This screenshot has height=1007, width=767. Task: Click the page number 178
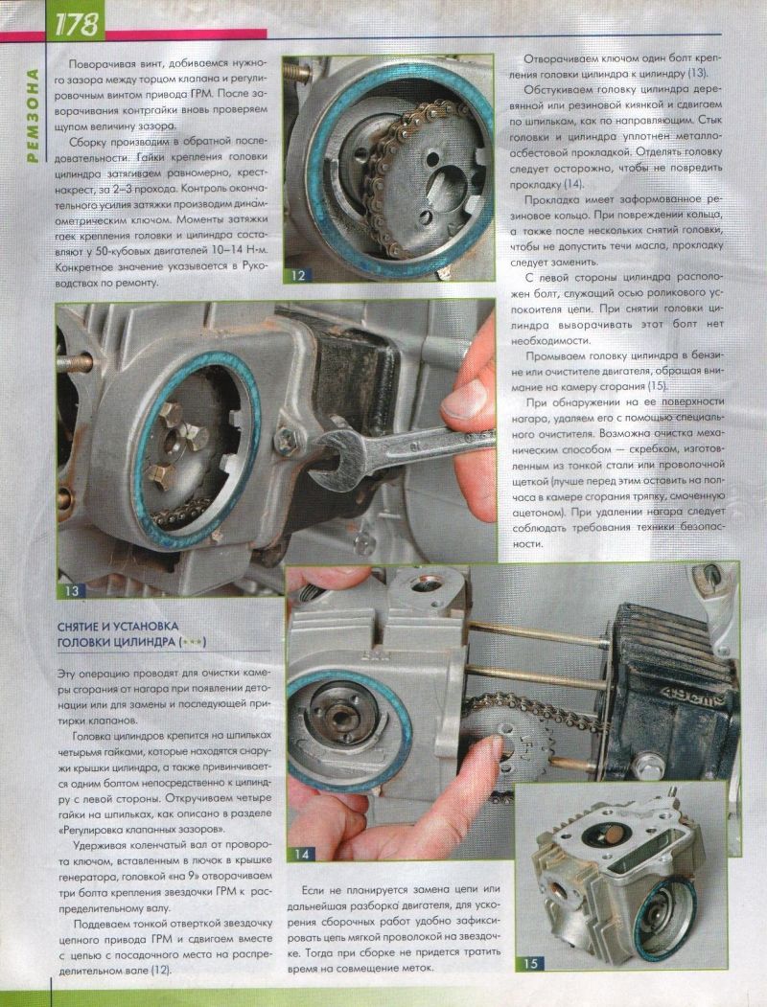77,24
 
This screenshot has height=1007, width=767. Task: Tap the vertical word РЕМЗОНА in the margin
33,116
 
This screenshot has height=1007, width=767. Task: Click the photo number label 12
298,276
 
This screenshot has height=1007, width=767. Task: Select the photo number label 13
71,590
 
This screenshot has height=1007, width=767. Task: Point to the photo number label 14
302,854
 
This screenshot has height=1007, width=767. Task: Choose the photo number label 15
530,963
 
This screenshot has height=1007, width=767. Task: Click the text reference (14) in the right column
573,184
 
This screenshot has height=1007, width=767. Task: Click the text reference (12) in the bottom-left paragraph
161,970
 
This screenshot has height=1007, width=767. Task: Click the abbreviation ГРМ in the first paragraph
203,94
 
